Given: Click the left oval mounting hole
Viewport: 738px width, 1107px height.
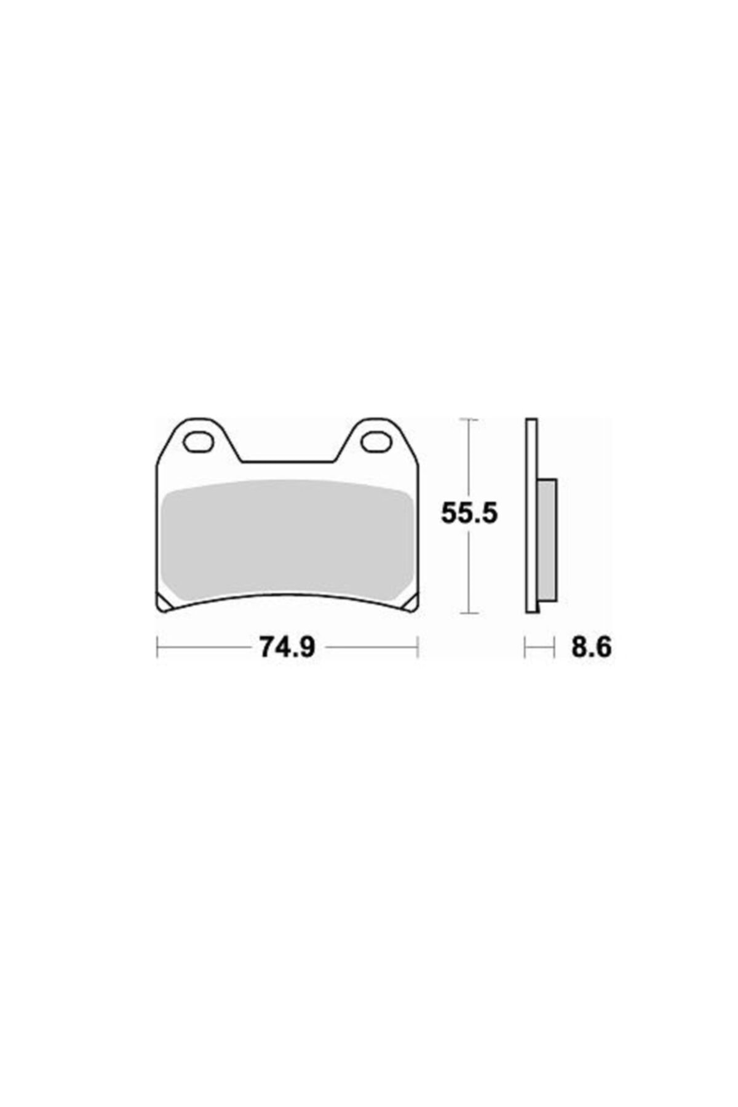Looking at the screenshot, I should tap(197, 442).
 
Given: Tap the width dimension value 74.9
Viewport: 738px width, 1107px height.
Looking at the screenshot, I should tap(287, 647).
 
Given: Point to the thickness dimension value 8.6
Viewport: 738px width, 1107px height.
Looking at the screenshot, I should tap(591, 647).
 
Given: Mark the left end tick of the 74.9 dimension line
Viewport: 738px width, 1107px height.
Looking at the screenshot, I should tap(157, 647).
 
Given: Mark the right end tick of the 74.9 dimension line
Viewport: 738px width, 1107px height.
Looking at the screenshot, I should tap(418, 647).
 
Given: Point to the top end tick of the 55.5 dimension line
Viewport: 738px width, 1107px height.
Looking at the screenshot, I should tap(469, 419).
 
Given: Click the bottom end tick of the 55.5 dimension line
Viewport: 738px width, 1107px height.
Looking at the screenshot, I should tap(469, 613).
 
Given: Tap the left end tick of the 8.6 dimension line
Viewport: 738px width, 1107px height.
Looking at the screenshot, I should tap(525, 647).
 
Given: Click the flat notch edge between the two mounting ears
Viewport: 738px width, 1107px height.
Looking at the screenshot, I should tap(287, 461).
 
